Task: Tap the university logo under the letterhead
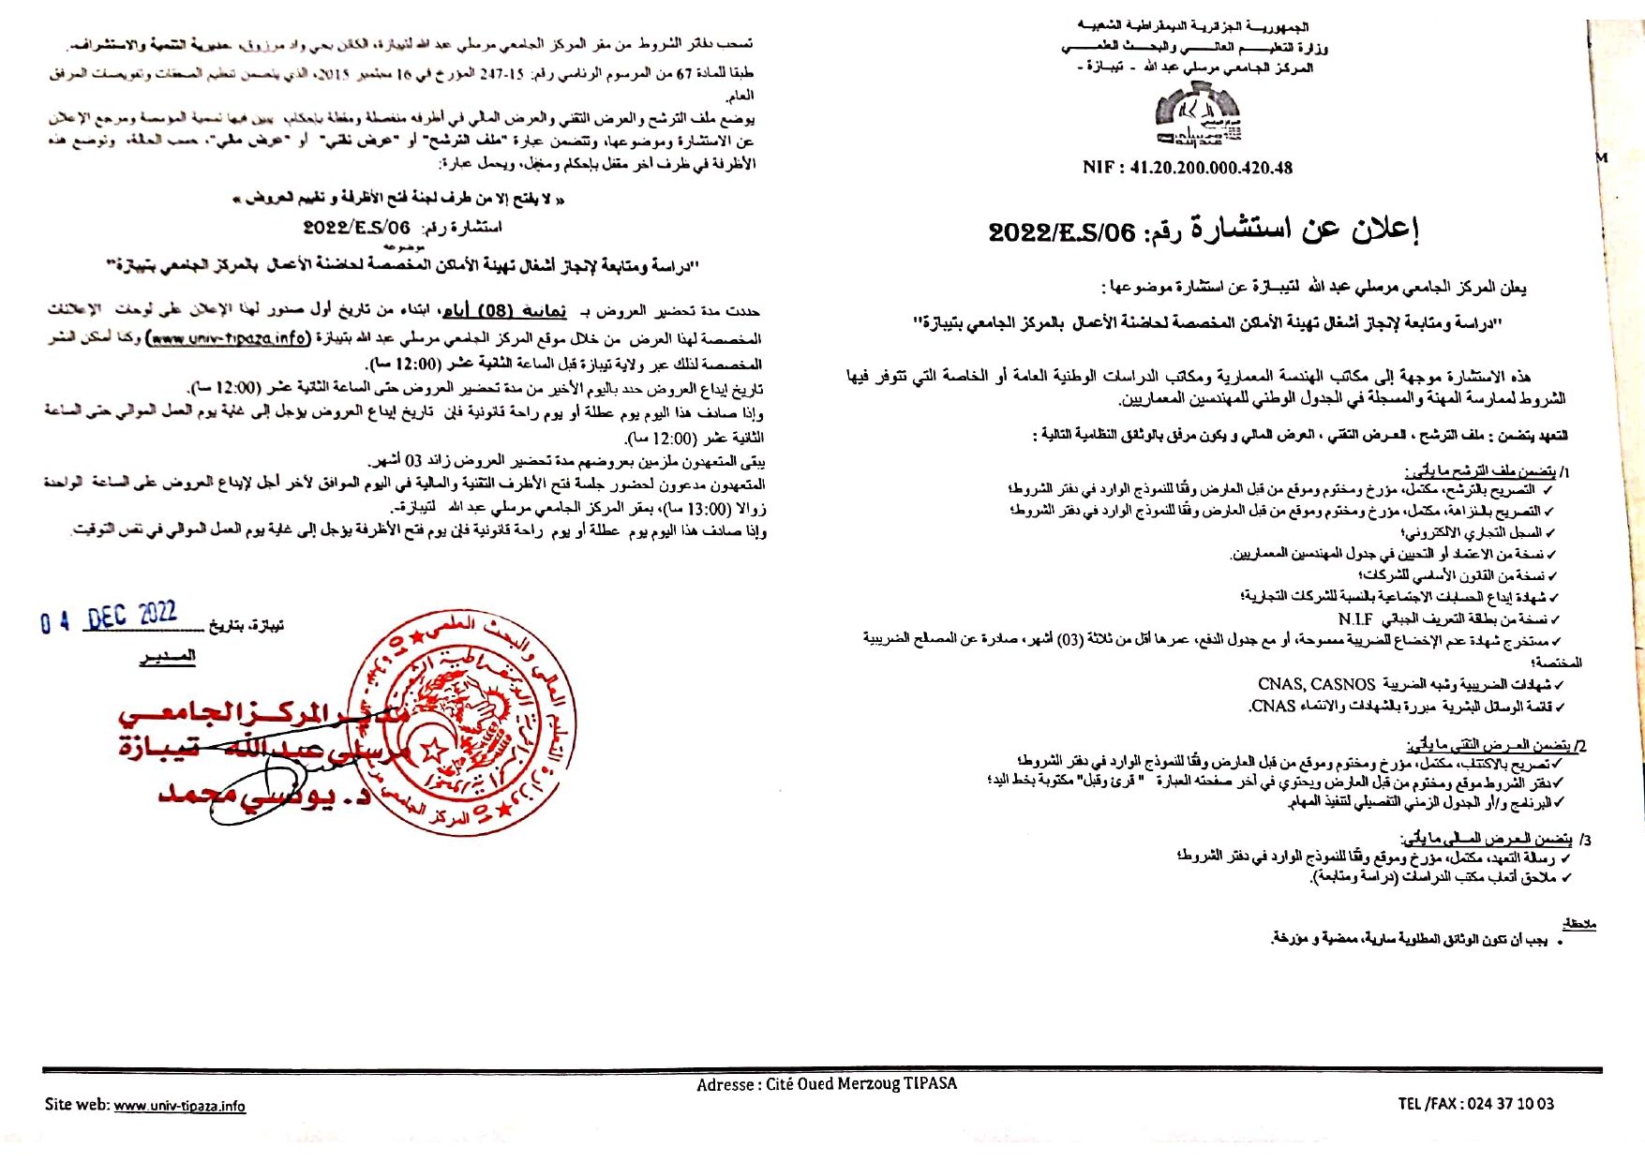pyautogui.click(x=1197, y=116)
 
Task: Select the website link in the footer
pyautogui.click(x=180, y=1106)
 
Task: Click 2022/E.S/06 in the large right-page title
pyautogui.click(x=1061, y=231)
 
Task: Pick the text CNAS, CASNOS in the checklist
pyautogui.click(x=1317, y=684)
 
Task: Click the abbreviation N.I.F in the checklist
pyautogui.click(x=1355, y=618)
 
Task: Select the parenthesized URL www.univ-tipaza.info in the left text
pyautogui.click(x=231, y=338)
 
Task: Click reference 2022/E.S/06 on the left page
pyautogui.click(x=356, y=228)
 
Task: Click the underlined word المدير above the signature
pyautogui.click(x=168, y=656)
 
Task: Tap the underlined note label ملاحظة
pyautogui.click(x=1578, y=924)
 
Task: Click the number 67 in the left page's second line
pyautogui.click(x=684, y=73)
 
